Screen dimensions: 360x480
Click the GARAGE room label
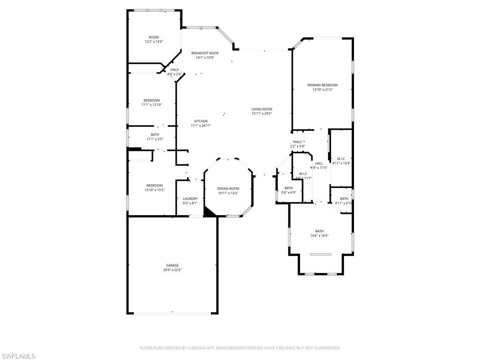[172, 265]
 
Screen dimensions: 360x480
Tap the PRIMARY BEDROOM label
[322, 85]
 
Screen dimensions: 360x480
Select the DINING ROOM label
[228, 188]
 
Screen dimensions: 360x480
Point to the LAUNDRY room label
[190, 199]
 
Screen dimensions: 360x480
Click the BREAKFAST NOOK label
[205, 53]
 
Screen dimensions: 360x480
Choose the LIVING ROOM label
[262, 109]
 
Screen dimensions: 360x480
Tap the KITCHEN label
[201, 121]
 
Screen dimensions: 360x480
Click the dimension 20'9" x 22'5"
[172, 270]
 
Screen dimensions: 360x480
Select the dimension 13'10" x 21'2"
[322, 90]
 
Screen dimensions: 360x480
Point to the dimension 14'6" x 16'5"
[319, 236]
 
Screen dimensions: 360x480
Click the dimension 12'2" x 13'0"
[154, 42]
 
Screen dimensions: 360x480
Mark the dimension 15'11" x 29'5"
[262, 113]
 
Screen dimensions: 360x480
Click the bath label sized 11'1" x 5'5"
[155, 135]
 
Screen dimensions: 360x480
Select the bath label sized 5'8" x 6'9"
[288, 188]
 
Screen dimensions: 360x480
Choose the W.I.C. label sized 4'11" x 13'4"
[341, 158]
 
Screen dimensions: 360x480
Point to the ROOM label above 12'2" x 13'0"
[154, 37]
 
